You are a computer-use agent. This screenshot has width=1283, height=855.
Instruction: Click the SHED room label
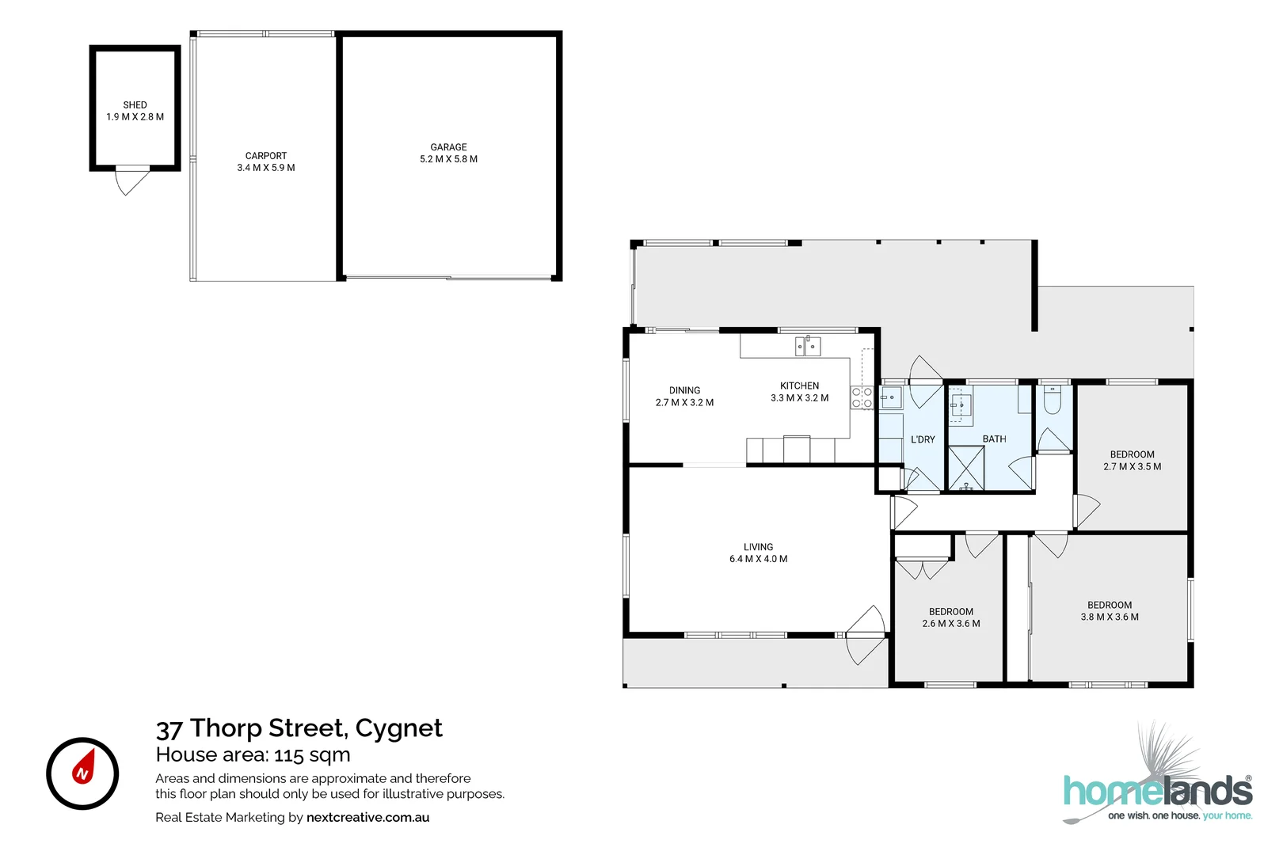pyautogui.click(x=135, y=104)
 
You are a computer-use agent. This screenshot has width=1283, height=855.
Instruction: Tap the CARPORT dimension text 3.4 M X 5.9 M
pyautogui.click(x=266, y=168)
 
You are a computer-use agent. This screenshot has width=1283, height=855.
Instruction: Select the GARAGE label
pyautogui.click(x=448, y=147)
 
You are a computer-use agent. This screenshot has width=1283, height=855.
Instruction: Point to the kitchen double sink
pyautogui.click(x=808, y=346)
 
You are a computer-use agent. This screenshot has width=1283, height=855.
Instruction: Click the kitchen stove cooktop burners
pyautogui.click(x=862, y=397)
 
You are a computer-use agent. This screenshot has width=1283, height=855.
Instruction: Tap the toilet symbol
pyautogui.click(x=1052, y=401)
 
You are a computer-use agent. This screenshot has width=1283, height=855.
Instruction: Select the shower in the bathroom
pyautogui.click(x=966, y=469)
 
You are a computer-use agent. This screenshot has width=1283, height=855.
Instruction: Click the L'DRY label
pyautogui.click(x=923, y=439)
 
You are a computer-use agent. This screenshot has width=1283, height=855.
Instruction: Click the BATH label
pyautogui.click(x=994, y=439)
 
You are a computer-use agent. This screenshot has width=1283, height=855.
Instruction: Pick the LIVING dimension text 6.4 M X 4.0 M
pyautogui.click(x=758, y=559)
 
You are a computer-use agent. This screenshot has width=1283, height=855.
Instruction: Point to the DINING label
pyautogui.click(x=684, y=390)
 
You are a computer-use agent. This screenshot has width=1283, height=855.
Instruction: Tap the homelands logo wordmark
pyautogui.click(x=1157, y=792)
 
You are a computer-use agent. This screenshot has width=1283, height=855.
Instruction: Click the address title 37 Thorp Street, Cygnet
pyautogui.click(x=299, y=728)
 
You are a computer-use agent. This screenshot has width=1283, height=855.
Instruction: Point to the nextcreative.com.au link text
pyautogui.click(x=367, y=817)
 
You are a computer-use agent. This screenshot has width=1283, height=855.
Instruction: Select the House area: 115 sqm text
pyautogui.click(x=253, y=754)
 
